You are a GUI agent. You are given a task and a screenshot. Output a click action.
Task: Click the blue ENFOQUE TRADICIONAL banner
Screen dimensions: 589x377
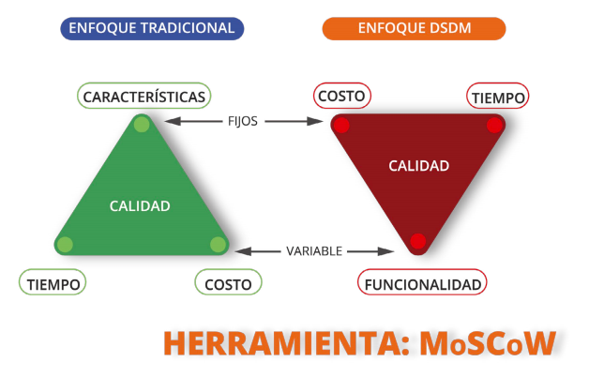pos(152,28)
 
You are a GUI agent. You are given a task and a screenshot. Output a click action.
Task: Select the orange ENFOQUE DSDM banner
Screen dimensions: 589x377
pos(414,28)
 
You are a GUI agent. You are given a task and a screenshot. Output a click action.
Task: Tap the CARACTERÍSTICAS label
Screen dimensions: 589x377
pos(143,97)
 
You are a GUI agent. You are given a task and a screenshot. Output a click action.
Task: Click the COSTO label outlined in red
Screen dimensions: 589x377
pos(341,96)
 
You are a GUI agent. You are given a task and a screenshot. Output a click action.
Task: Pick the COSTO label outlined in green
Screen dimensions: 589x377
pos(228,282)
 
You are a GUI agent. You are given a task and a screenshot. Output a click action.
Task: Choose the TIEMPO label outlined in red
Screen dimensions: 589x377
pos(498,97)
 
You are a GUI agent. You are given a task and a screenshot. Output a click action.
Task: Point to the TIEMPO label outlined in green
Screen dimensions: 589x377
pos(53,282)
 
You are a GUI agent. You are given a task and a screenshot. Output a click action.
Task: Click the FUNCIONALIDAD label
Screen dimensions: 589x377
pos(422,282)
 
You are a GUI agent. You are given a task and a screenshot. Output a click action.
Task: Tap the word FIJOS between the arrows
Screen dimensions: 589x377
pos(243,121)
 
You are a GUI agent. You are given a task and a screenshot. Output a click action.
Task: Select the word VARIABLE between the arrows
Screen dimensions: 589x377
pos(314,250)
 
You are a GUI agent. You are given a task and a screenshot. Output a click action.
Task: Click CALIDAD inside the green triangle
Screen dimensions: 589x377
pos(140,205)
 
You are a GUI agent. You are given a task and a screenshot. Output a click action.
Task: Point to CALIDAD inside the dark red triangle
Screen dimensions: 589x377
pos(419,166)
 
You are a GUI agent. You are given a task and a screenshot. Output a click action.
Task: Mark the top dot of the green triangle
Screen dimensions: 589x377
pos(142,125)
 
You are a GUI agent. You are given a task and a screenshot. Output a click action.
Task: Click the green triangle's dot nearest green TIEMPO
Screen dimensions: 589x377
pos(65,245)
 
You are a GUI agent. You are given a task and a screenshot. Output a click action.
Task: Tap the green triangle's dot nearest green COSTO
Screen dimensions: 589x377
pos(218,245)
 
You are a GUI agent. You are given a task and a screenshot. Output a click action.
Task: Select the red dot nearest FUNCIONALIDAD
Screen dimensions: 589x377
pos(417,241)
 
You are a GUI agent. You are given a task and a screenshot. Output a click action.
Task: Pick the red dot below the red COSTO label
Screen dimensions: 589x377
pos(341,125)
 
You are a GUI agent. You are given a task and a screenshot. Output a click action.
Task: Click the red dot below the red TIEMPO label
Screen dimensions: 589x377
pos(494,125)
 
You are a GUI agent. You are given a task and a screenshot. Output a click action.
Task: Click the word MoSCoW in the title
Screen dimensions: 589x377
pos(488,343)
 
